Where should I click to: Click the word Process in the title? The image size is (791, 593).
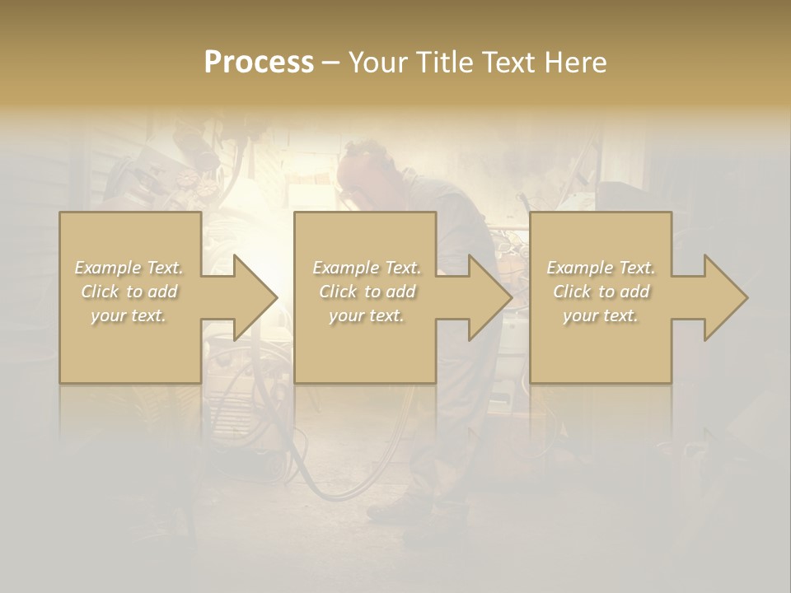tap(259, 62)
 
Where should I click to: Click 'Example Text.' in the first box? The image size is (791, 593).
tap(129, 268)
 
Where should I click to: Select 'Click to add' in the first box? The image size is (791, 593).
tap(129, 292)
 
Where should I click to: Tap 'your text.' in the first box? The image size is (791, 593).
tap(129, 315)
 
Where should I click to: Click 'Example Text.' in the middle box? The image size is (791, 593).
tap(366, 268)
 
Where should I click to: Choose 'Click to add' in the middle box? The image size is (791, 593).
tap(366, 292)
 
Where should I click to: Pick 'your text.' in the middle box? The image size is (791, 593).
tap(366, 315)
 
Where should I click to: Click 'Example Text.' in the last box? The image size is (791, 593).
tap(601, 268)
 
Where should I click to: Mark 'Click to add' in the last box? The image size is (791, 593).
tap(601, 292)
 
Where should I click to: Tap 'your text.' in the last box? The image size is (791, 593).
tap(601, 315)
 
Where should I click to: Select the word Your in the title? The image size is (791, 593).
tap(378, 62)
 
